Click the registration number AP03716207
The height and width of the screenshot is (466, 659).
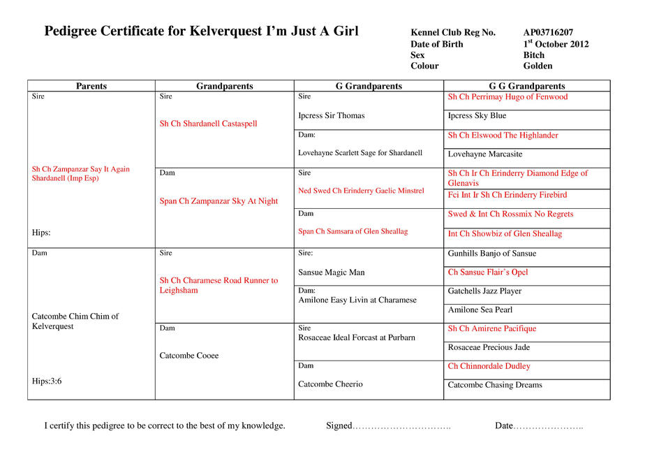click(548, 33)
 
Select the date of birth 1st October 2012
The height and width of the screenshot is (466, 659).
click(556, 44)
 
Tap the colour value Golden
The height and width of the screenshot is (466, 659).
click(538, 66)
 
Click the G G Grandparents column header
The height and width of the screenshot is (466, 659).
click(526, 87)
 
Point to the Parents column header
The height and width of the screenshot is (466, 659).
click(91, 87)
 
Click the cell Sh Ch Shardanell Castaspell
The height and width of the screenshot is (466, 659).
click(208, 124)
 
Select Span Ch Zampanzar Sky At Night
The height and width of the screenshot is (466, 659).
click(219, 201)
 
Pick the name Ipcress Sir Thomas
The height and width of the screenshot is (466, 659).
click(331, 116)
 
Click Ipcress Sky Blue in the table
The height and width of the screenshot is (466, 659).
click(477, 116)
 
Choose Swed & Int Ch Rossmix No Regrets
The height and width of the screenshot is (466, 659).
click(510, 214)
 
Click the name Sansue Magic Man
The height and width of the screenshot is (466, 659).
click(331, 272)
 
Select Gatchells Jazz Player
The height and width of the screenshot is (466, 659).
click(484, 291)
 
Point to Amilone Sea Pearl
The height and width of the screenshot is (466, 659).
click(480, 310)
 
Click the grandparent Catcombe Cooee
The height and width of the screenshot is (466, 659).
click(188, 356)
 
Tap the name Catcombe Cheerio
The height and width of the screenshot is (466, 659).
click(330, 384)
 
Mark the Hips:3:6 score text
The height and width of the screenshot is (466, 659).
click(47, 381)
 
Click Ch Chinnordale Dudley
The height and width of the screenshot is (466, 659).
click(489, 366)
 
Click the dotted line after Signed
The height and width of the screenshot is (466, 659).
click(401, 426)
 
